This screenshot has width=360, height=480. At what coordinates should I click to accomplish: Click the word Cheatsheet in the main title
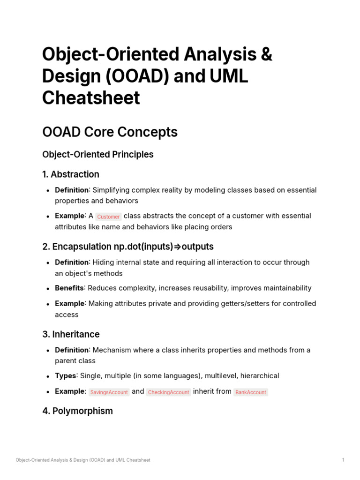[x=91, y=98]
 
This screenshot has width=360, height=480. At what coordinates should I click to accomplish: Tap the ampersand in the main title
[x=266, y=55]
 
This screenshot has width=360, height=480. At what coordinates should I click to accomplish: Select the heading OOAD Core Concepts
[x=110, y=132]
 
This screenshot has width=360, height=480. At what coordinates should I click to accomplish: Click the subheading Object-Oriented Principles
[x=97, y=154]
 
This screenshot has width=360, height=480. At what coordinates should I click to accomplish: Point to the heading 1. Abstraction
[x=70, y=174]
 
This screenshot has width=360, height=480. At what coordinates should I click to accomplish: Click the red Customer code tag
[x=108, y=217]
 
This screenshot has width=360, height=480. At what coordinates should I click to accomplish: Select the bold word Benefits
[x=69, y=288]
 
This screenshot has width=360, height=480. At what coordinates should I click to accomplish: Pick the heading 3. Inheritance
[x=71, y=334]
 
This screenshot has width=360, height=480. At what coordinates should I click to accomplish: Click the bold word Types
[x=66, y=375]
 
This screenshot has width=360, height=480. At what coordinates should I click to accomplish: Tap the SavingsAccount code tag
[x=109, y=392]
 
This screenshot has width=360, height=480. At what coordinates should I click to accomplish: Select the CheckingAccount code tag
[x=168, y=392]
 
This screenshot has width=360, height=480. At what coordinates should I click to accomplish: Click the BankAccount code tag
[x=250, y=392]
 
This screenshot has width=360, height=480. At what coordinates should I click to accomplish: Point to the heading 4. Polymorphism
[x=77, y=411]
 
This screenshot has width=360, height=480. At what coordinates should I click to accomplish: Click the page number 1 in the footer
[x=343, y=460]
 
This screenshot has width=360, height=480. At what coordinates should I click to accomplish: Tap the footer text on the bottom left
[x=83, y=460]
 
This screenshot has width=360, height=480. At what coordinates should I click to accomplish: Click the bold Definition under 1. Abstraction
[x=72, y=190]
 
